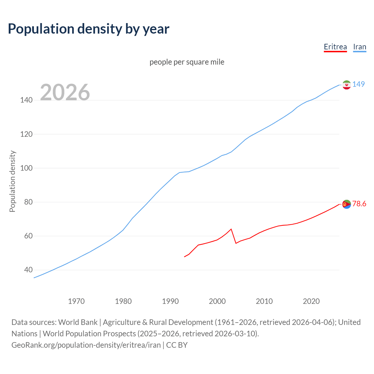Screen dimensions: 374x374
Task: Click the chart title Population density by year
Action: point(89,29)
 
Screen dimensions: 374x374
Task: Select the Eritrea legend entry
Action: point(335,47)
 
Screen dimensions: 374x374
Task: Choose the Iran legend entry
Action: point(359,47)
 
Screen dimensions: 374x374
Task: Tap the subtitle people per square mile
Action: point(187,62)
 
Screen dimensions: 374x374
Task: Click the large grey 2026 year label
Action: point(65,92)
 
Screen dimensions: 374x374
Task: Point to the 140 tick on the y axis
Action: point(26,100)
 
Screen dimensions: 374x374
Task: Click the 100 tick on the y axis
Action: point(26,168)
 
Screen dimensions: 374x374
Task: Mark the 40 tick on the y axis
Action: point(28,270)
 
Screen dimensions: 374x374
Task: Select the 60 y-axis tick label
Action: point(28,236)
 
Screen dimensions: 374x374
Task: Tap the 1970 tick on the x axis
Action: point(76,301)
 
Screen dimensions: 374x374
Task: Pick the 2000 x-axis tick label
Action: point(217,301)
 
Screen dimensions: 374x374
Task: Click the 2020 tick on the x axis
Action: point(311,301)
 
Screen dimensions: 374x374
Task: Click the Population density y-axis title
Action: point(12,181)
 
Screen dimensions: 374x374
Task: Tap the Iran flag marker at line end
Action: point(347,85)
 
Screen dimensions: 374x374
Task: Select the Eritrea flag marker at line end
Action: point(347,204)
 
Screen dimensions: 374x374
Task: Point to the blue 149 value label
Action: point(359,84)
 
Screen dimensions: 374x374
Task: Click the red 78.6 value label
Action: point(359,204)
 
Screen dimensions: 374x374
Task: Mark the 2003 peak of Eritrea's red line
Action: point(231,229)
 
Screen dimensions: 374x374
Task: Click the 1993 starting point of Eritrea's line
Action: point(184,257)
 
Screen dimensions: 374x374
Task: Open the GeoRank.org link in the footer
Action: point(86,345)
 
